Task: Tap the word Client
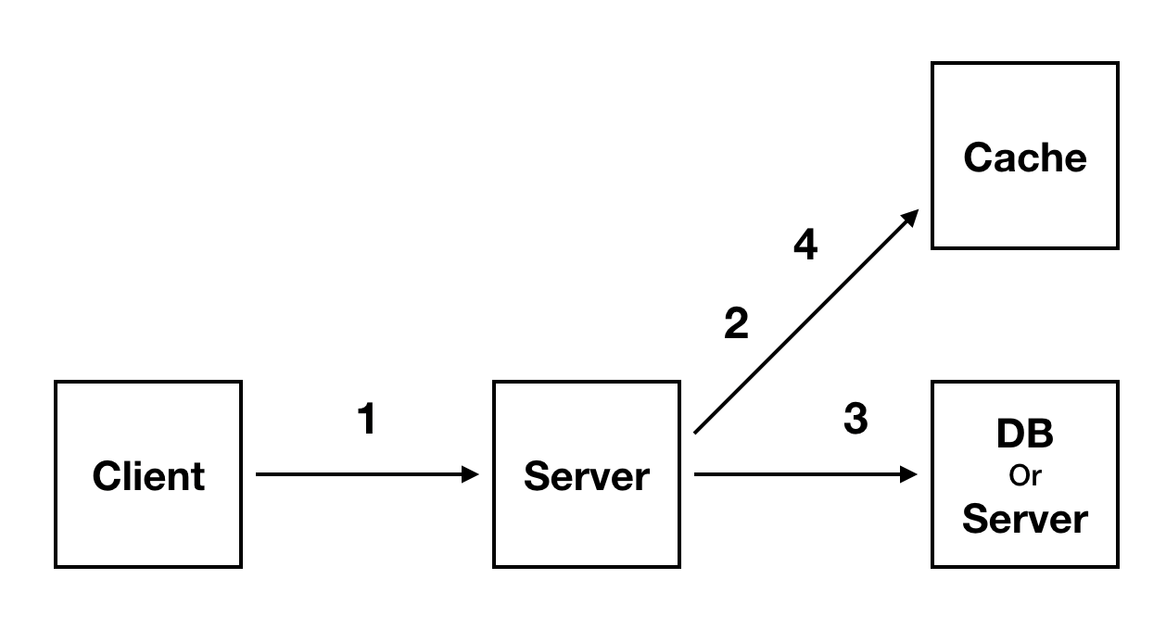(x=148, y=476)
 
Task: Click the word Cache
(x=1024, y=157)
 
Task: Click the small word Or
(x=1025, y=476)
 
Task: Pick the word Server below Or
(x=1024, y=519)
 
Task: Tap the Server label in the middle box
(x=586, y=476)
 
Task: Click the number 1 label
(x=367, y=420)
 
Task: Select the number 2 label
(x=736, y=324)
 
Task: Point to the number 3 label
(x=855, y=420)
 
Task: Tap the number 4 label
(x=805, y=246)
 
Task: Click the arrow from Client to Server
(x=361, y=474)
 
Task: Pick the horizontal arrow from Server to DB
(x=797, y=474)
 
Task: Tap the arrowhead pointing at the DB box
(x=909, y=474)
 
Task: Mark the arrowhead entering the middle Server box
(x=470, y=474)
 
